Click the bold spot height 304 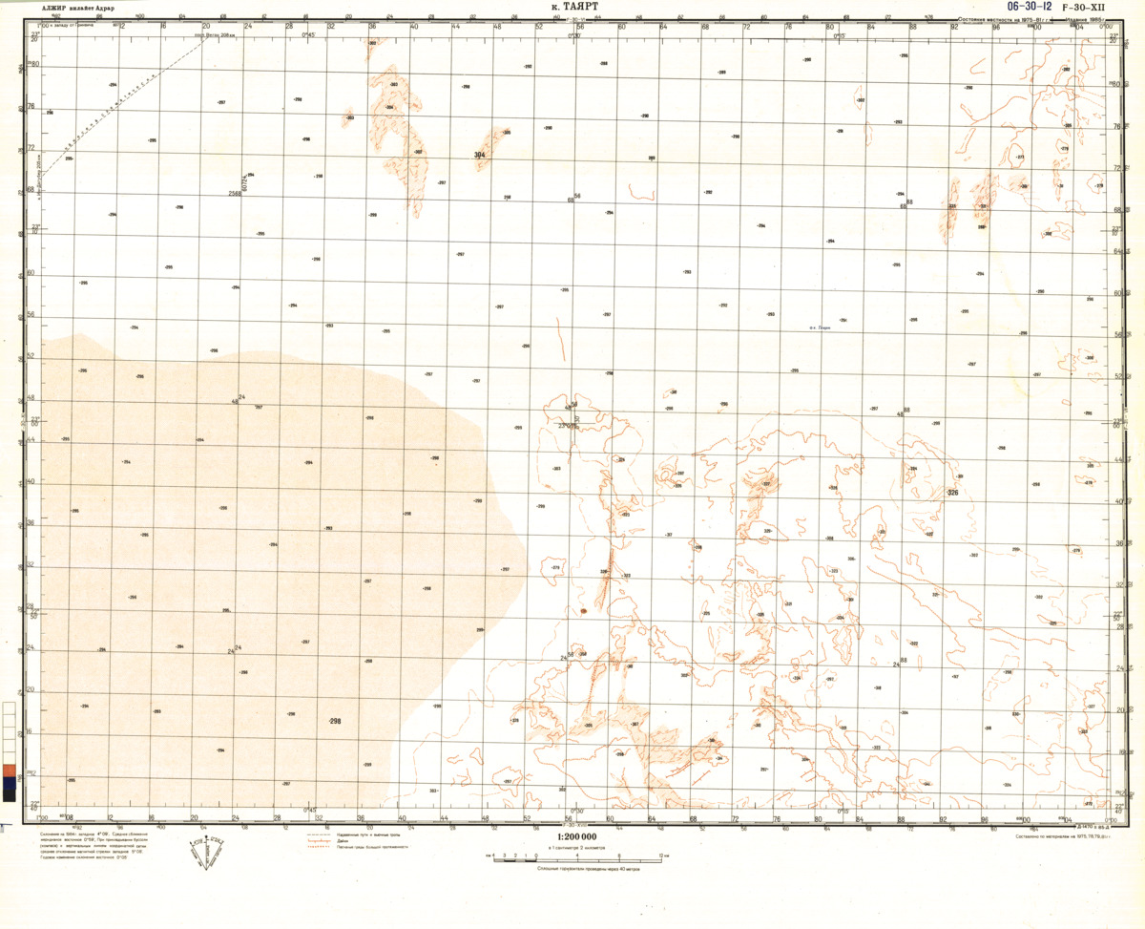coord(480,155)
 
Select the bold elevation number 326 coord(952,493)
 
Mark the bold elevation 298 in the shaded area coord(335,721)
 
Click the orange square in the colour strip coord(9,770)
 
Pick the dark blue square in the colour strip coord(9,783)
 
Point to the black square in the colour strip coord(9,795)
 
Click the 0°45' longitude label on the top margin coord(309,34)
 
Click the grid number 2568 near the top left coord(235,194)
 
